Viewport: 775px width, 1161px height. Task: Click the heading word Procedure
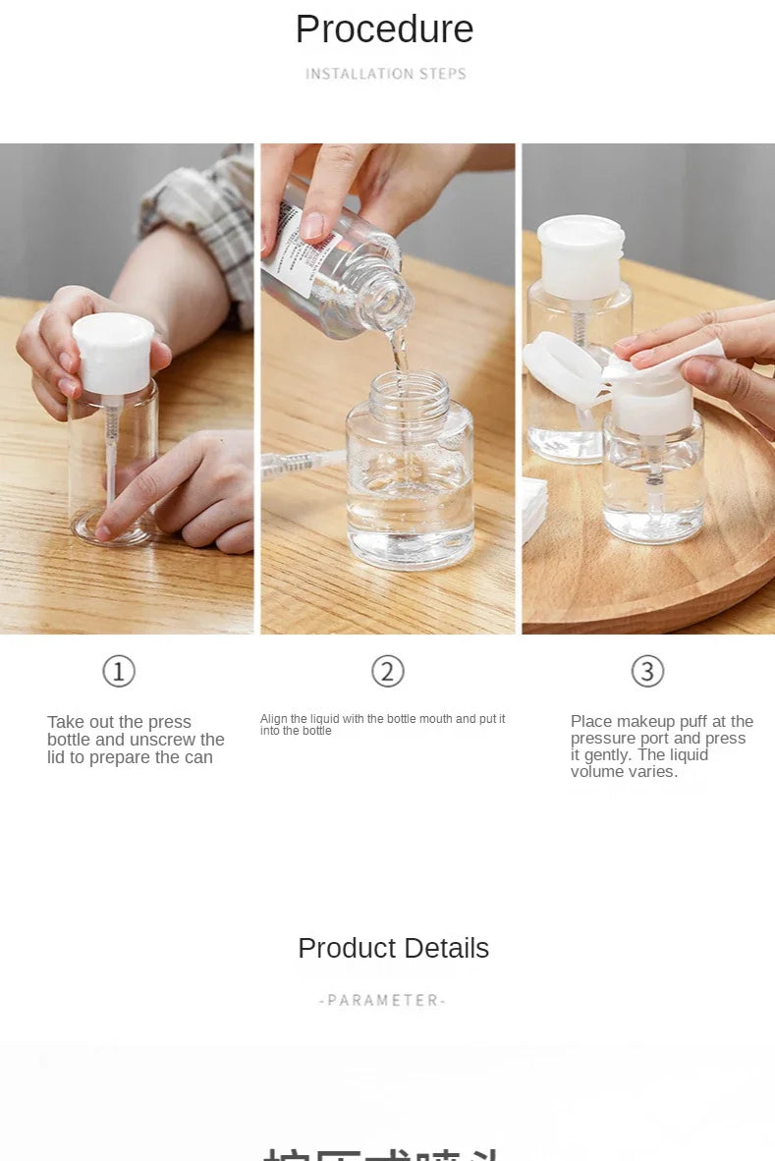pos(384,29)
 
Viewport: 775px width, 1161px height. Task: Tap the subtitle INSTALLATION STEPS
pos(385,74)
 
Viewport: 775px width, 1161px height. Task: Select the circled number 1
pos(119,672)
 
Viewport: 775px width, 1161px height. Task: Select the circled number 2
pos(388,672)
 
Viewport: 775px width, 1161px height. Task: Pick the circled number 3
pos(647,672)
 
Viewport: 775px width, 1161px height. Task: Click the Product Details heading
pos(393,948)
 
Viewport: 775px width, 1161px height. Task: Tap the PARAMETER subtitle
pos(383,1000)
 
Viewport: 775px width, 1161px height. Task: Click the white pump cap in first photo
pos(113,352)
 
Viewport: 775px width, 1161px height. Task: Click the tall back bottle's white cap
pos(580,255)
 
